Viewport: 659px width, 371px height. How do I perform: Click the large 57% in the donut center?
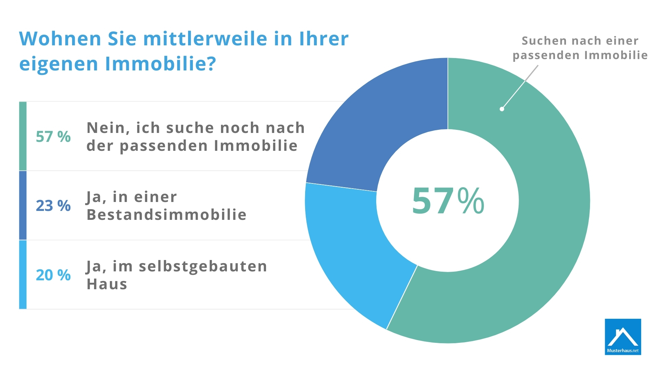[x=448, y=201]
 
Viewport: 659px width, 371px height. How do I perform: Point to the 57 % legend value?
[x=53, y=137]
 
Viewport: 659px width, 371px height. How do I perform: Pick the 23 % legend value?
[x=53, y=206]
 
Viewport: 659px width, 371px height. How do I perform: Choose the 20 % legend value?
[x=53, y=275]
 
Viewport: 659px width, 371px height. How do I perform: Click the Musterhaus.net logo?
[x=623, y=337]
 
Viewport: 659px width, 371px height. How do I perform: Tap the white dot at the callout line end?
[x=502, y=109]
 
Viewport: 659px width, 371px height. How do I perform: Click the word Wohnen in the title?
[x=60, y=38]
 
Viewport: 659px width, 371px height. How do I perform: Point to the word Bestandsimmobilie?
[x=166, y=215]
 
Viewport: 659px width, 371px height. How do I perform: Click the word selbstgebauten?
[x=203, y=267]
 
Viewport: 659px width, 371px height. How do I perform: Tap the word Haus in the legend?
[x=107, y=284]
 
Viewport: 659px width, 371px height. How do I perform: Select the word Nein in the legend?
[x=108, y=128]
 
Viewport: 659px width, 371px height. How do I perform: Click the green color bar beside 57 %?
[x=23, y=136]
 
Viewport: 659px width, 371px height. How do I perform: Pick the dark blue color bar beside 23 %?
[x=23, y=205]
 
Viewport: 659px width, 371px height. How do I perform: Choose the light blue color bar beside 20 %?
[x=23, y=274]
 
